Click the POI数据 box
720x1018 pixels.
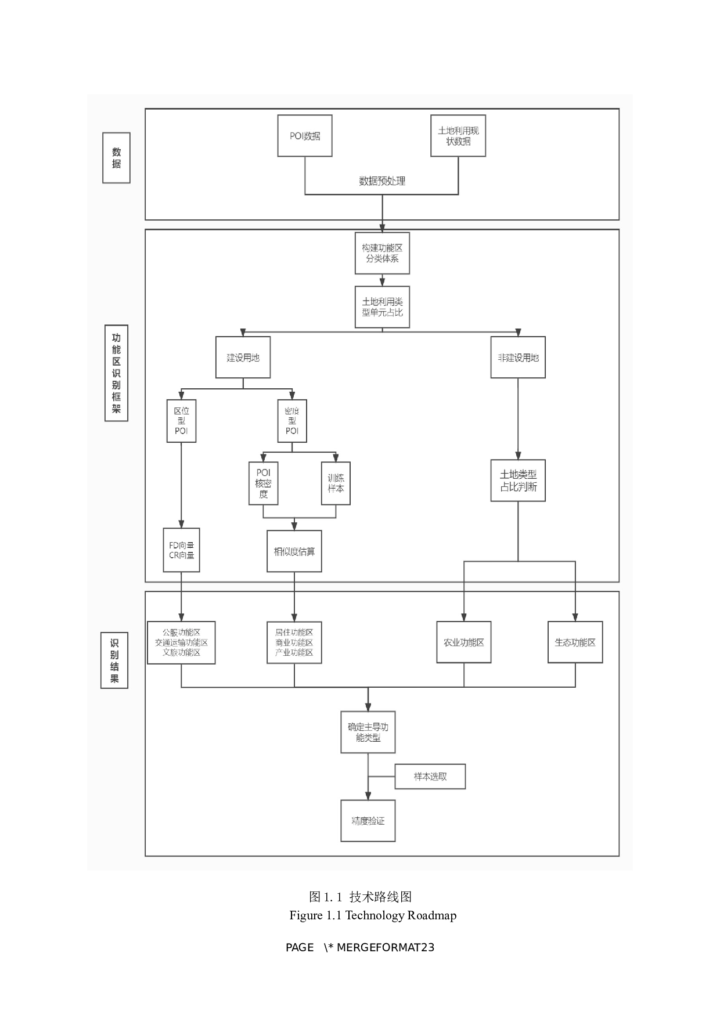click(x=305, y=136)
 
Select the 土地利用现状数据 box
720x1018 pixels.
click(x=458, y=136)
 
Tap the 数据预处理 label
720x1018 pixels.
click(x=382, y=181)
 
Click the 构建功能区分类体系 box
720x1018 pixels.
click(x=382, y=253)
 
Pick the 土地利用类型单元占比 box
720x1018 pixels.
click(x=382, y=307)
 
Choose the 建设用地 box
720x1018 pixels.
click(x=243, y=358)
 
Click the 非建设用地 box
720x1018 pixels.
click(x=518, y=358)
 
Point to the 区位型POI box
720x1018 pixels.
click(x=181, y=421)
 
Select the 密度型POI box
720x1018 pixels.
click(x=292, y=421)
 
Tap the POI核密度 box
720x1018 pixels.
click(x=263, y=483)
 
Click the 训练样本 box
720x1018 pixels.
click(x=336, y=483)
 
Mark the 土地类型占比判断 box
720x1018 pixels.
click(x=518, y=481)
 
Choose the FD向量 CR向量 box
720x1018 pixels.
click(x=181, y=550)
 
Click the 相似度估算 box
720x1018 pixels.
click(x=294, y=551)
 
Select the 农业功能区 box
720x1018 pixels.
click(x=464, y=642)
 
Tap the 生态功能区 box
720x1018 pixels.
click(x=575, y=642)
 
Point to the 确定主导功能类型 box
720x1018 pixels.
click(x=368, y=732)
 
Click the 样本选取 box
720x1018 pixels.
click(x=430, y=777)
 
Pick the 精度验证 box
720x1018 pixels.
click(x=368, y=821)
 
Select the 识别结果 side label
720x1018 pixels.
click(x=114, y=660)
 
